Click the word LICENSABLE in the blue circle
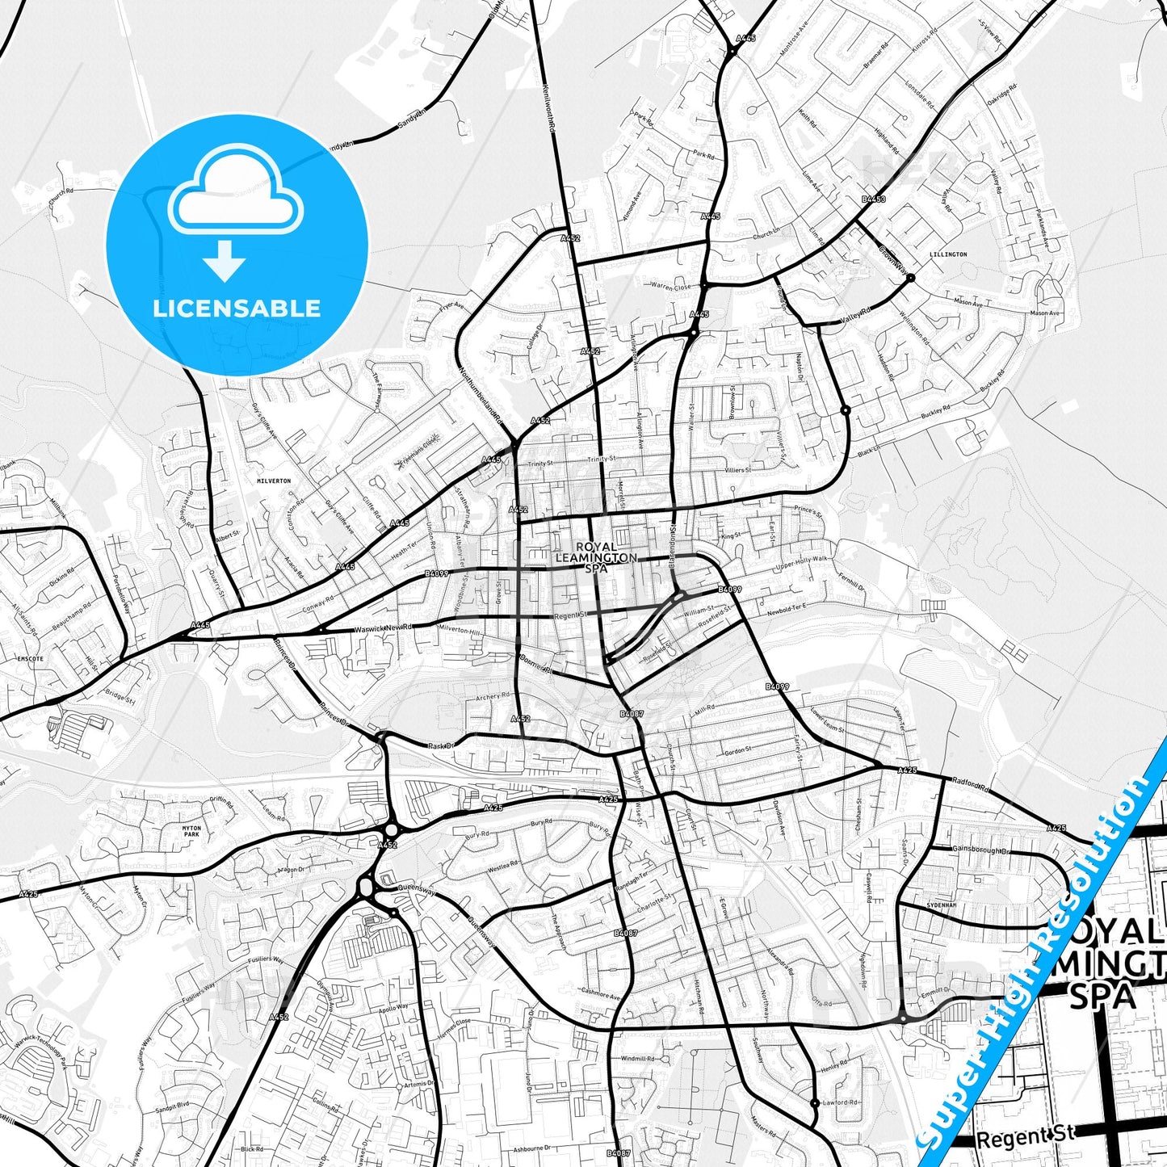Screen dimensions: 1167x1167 tap(237, 308)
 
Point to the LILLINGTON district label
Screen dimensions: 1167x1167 tap(948, 254)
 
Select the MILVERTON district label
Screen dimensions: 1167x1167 tap(273, 481)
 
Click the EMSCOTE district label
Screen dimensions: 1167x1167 tap(30, 658)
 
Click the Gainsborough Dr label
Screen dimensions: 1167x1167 tap(980, 850)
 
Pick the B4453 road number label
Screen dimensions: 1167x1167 tap(873, 199)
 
